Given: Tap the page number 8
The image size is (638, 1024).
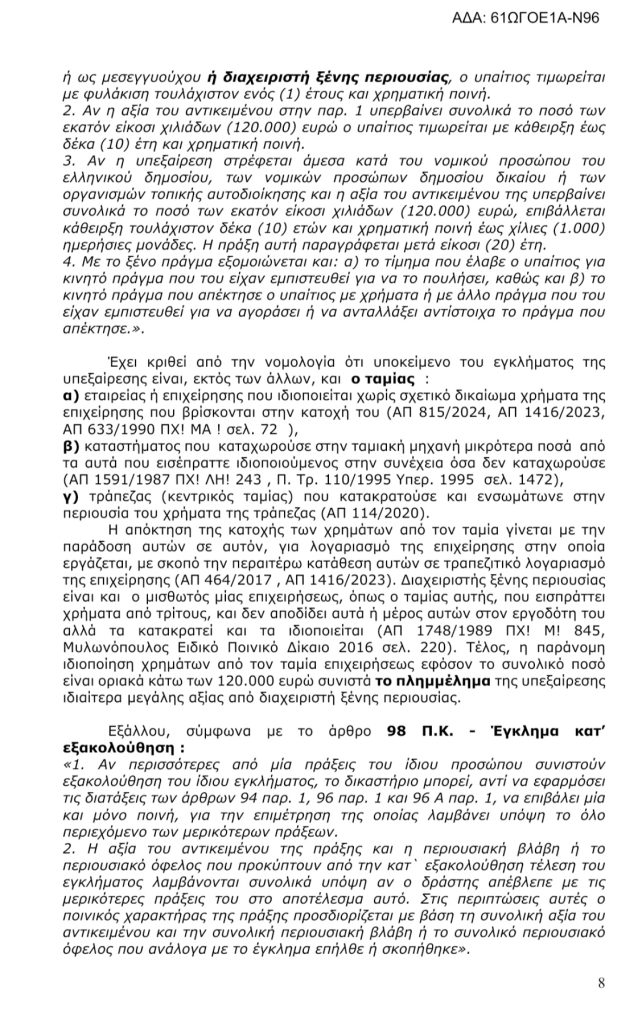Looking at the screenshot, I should point(601,982).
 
